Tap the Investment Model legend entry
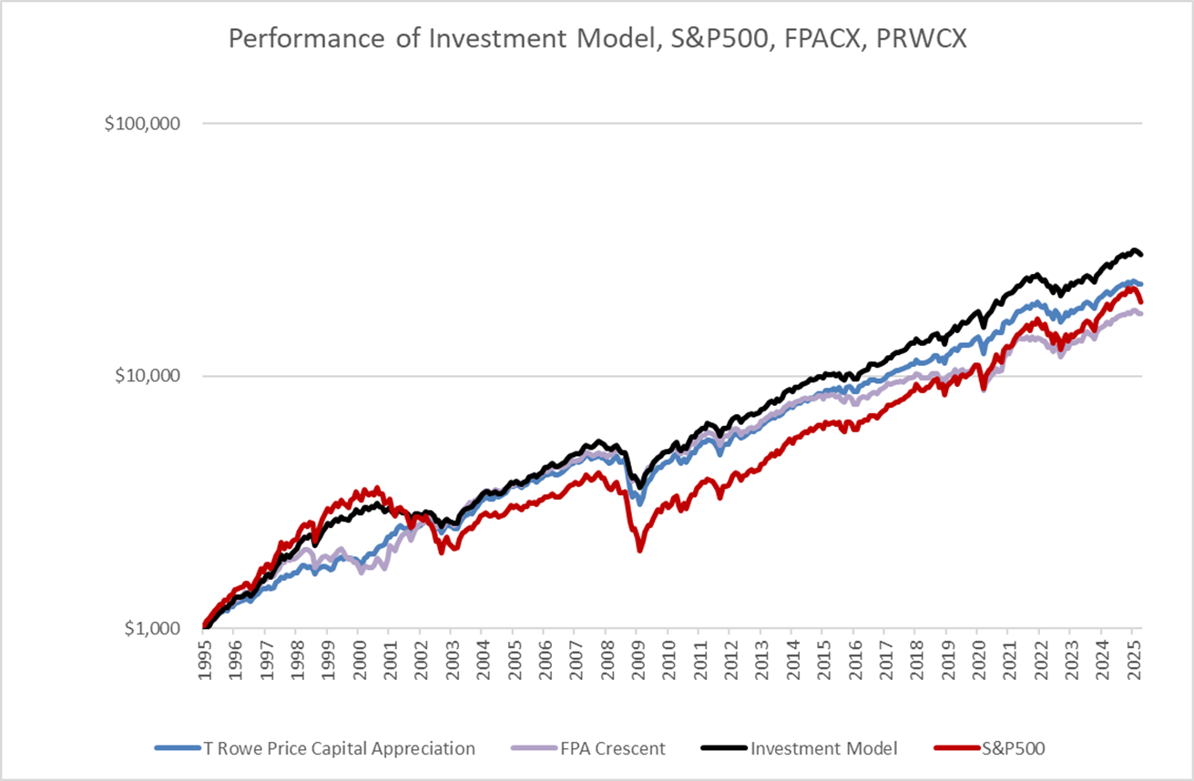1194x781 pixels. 824,749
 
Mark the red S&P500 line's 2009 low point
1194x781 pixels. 640,549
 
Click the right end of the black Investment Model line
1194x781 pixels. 1141,255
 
